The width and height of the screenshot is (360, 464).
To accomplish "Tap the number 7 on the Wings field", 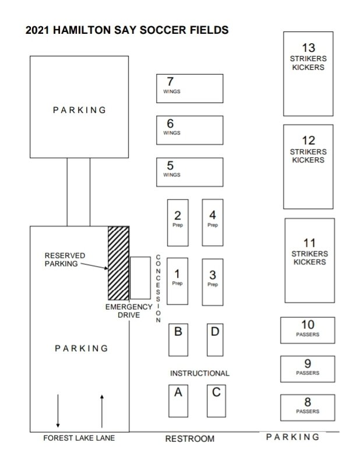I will [x=170, y=82].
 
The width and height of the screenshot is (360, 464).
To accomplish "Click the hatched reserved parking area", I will [x=118, y=263].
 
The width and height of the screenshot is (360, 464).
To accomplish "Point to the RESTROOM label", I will [x=190, y=439].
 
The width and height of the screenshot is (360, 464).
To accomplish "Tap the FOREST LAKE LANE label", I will [x=79, y=438].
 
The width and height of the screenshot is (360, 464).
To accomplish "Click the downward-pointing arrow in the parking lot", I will [x=58, y=411].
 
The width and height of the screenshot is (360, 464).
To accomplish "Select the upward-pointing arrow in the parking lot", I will [x=102, y=411].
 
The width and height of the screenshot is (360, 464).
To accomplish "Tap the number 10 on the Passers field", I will [x=308, y=324].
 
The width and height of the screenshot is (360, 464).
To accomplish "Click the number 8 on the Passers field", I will [x=308, y=402].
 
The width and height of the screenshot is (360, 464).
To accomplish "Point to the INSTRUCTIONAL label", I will [x=199, y=373].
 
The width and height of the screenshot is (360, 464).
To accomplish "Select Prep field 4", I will [x=213, y=222].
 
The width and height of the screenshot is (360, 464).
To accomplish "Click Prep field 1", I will [x=178, y=281].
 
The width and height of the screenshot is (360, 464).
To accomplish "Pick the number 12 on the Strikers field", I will [x=308, y=141].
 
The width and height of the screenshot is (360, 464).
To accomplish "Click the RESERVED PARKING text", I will [x=65, y=260].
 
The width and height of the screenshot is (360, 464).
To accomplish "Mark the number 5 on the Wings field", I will [x=170, y=165].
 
